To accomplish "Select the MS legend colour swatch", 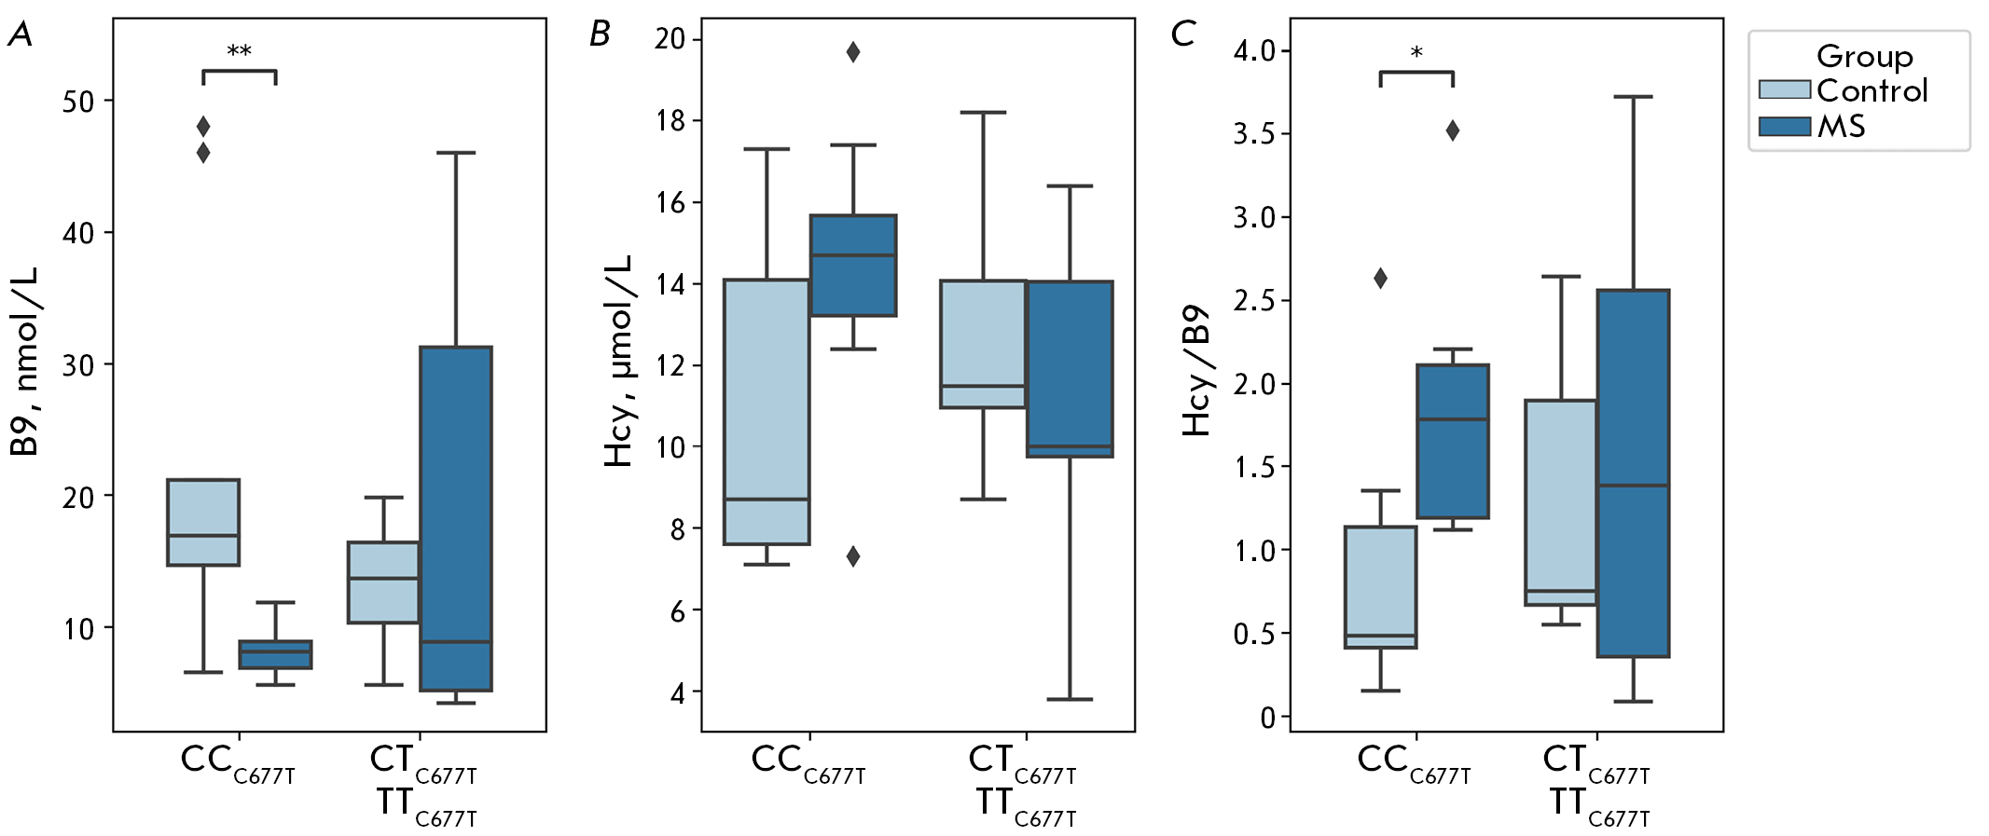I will [1784, 126].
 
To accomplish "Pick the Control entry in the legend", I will [1871, 90].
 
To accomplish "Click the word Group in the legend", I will [1864, 57].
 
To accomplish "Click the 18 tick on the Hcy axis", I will [670, 121].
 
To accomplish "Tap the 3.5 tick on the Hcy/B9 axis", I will [1253, 134].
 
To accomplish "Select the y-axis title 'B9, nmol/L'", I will [25, 361].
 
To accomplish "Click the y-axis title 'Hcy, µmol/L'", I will [618, 361].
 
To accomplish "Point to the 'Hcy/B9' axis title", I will [1196, 370].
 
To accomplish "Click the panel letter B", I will [600, 34].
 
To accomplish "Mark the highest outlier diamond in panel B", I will [853, 52].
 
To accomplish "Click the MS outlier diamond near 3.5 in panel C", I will [1453, 130].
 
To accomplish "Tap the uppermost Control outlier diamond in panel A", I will [203, 126].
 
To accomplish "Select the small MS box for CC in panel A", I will [275, 654].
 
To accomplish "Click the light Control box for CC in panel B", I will [767, 412].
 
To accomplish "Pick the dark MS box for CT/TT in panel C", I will [1633, 473].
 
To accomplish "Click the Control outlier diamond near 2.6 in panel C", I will [1380, 278].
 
